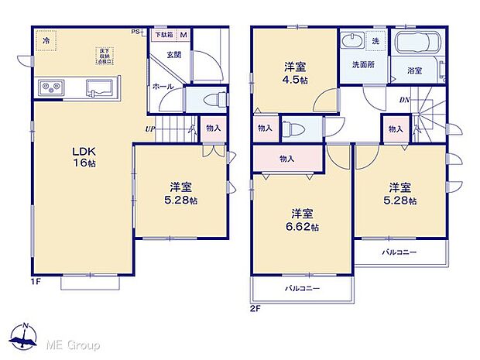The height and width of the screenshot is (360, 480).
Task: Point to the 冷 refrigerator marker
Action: coord(46,40)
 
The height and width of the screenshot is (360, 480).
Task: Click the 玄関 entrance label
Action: coord(173,55)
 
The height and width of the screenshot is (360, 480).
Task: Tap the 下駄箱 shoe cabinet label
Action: coord(163,35)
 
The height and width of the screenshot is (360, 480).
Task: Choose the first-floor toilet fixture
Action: coord(210,99)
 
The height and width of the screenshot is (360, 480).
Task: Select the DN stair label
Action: coord(404,100)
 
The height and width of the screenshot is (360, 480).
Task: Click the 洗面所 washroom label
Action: coord(364,65)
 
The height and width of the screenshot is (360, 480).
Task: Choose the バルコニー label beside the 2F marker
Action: coord(302,287)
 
